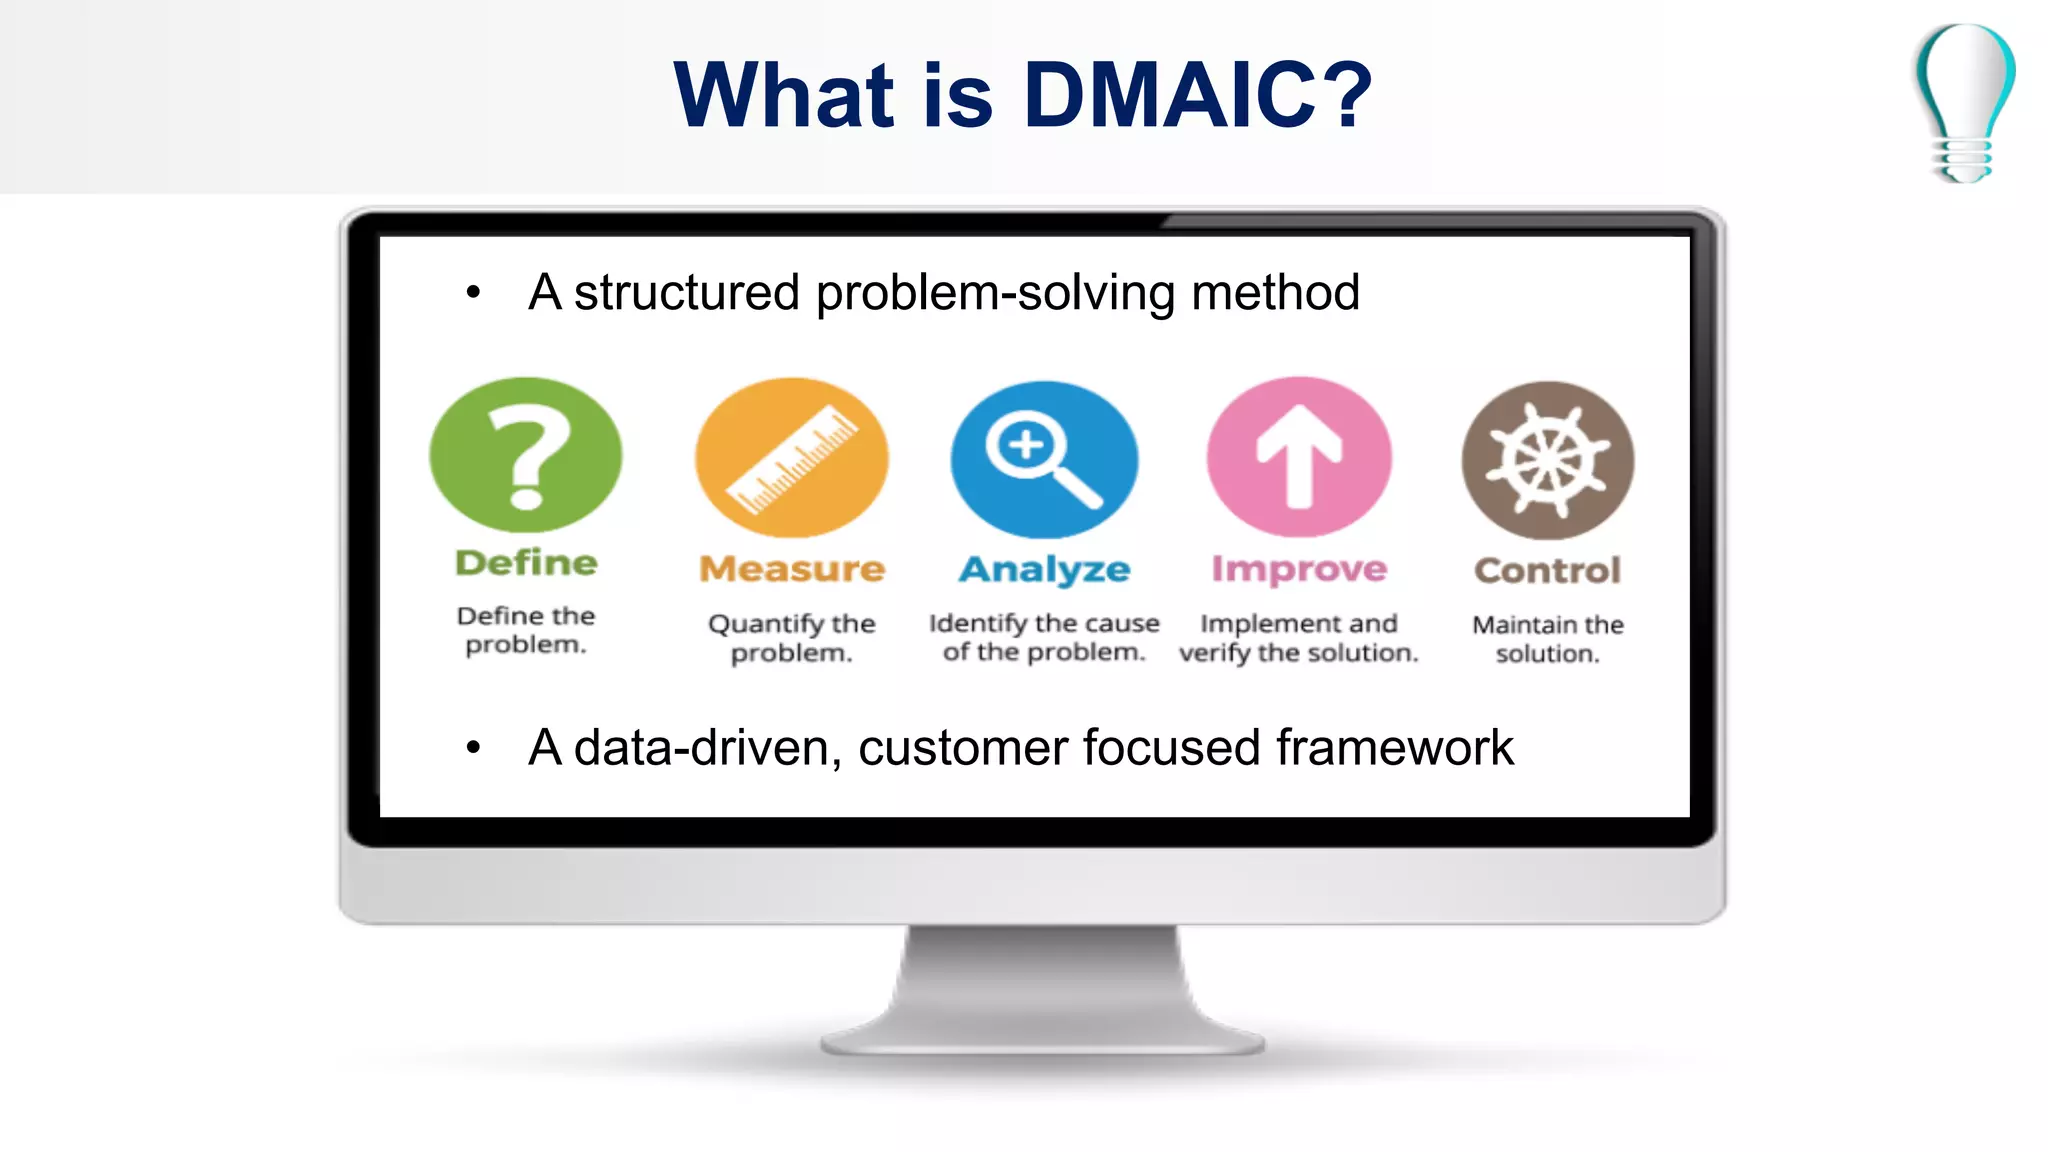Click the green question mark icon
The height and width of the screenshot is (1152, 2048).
pyautogui.click(x=526, y=455)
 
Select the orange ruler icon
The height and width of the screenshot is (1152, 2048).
pyautogui.click(x=791, y=458)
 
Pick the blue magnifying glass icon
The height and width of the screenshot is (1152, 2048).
pyautogui.click(x=1044, y=459)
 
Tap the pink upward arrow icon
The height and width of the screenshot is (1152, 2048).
pyautogui.click(x=1299, y=457)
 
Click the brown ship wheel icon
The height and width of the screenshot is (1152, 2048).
pyautogui.click(x=1547, y=460)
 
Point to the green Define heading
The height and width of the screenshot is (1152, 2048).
pyautogui.click(x=526, y=563)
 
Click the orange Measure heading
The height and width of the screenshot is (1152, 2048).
pyautogui.click(x=791, y=569)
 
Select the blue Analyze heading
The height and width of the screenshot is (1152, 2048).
pyautogui.click(x=1044, y=569)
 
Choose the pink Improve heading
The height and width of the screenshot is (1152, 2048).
pyautogui.click(x=1299, y=569)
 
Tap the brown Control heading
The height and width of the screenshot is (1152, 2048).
pyautogui.click(x=1547, y=570)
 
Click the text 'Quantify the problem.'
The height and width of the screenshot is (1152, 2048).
pyautogui.click(x=791, y=638)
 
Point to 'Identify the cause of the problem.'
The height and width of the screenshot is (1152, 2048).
pyautogui.click(x=1044, y=637)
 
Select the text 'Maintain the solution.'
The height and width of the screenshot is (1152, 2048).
pyautogui.click(x=1547, y=639)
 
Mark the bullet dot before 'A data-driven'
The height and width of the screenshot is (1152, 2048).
pyautogui.click(x=473, y=747)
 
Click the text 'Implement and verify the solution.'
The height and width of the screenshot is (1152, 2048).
pyautogui.click(x=1299, y=638)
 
